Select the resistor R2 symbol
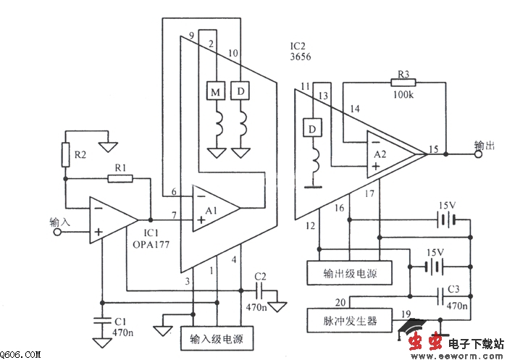(66, 154)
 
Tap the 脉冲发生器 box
(343, 319)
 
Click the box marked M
(215, 92)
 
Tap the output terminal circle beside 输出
(469, 154)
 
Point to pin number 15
(433, 149)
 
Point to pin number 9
(191, 35)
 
